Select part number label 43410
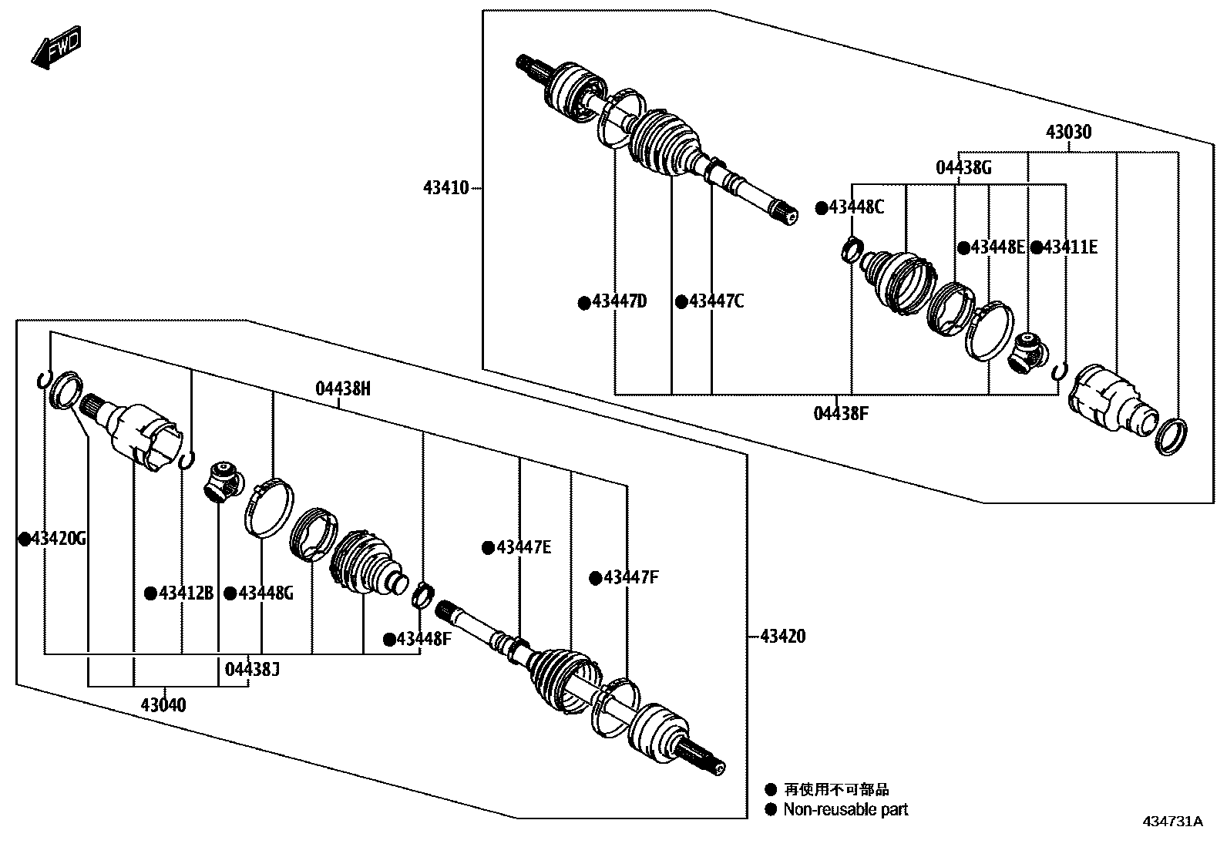445,187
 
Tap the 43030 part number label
1068,133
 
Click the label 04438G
963,167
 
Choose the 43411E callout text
1070,247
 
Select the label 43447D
619,301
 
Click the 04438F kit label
841,414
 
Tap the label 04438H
343,388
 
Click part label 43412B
186,593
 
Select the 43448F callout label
424,639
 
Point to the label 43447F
631,577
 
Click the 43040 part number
163,704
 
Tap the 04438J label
252,669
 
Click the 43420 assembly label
782,636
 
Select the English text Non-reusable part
845,809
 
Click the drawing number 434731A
1172,822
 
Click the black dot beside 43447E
488,548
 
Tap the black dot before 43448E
963,247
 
